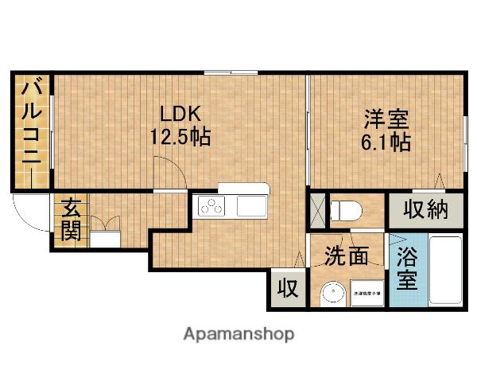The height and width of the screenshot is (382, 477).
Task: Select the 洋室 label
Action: click(386, 120)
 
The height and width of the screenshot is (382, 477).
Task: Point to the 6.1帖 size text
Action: click(386, 143)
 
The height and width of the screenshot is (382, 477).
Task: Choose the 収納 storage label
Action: click(425, 210)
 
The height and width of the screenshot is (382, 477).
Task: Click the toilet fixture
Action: click(346, 211)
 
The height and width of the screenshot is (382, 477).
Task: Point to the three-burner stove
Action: click(212, 207)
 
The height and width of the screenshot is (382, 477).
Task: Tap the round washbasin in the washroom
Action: click(331, 294)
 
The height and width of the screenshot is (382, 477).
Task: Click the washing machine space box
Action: click(366, 294)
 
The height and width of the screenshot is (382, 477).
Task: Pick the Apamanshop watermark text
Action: click(238, 333)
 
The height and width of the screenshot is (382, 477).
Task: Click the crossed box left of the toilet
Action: click(317, 210)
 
